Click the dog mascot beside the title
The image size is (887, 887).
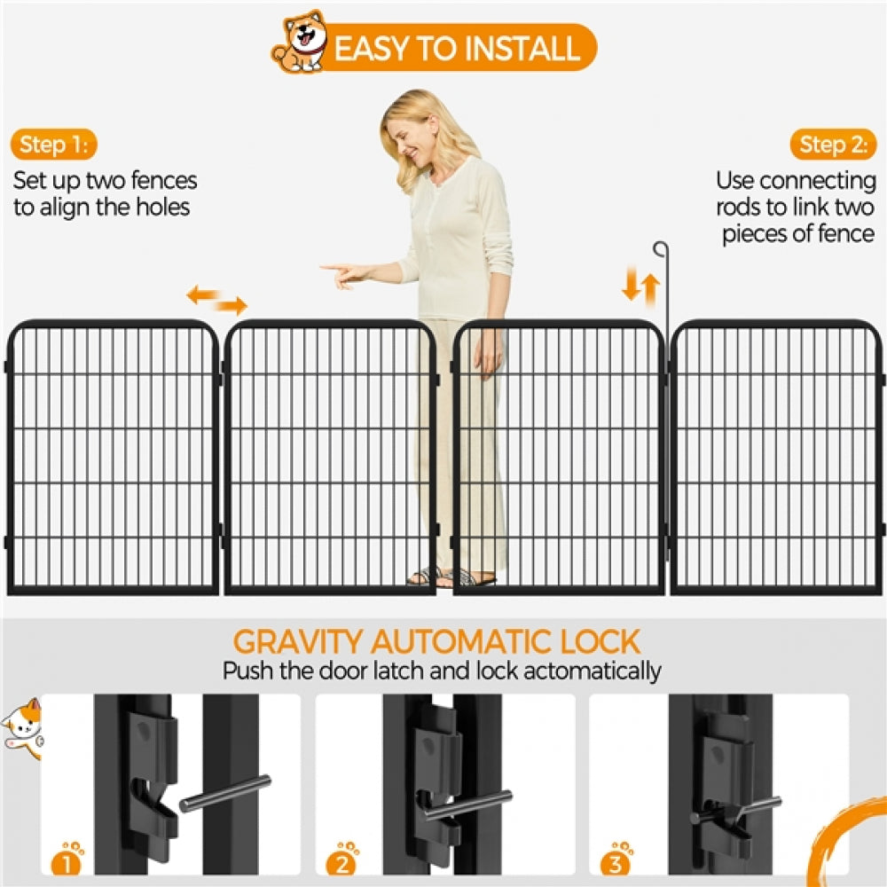click(x=300, y=43)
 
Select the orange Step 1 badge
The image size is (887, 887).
click(x=54, y=144)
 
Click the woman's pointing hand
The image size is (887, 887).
click(x=341, y=273)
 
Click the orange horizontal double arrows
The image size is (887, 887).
click(x=216, y=300)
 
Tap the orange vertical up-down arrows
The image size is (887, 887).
click(x=640, y=287)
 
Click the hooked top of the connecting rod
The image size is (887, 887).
click(x=660, y=248)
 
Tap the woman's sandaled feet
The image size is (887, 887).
click(x=452, y=577)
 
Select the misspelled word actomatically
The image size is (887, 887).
click(x=592, y=671)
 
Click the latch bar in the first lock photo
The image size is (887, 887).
click(x=225, y=793)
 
